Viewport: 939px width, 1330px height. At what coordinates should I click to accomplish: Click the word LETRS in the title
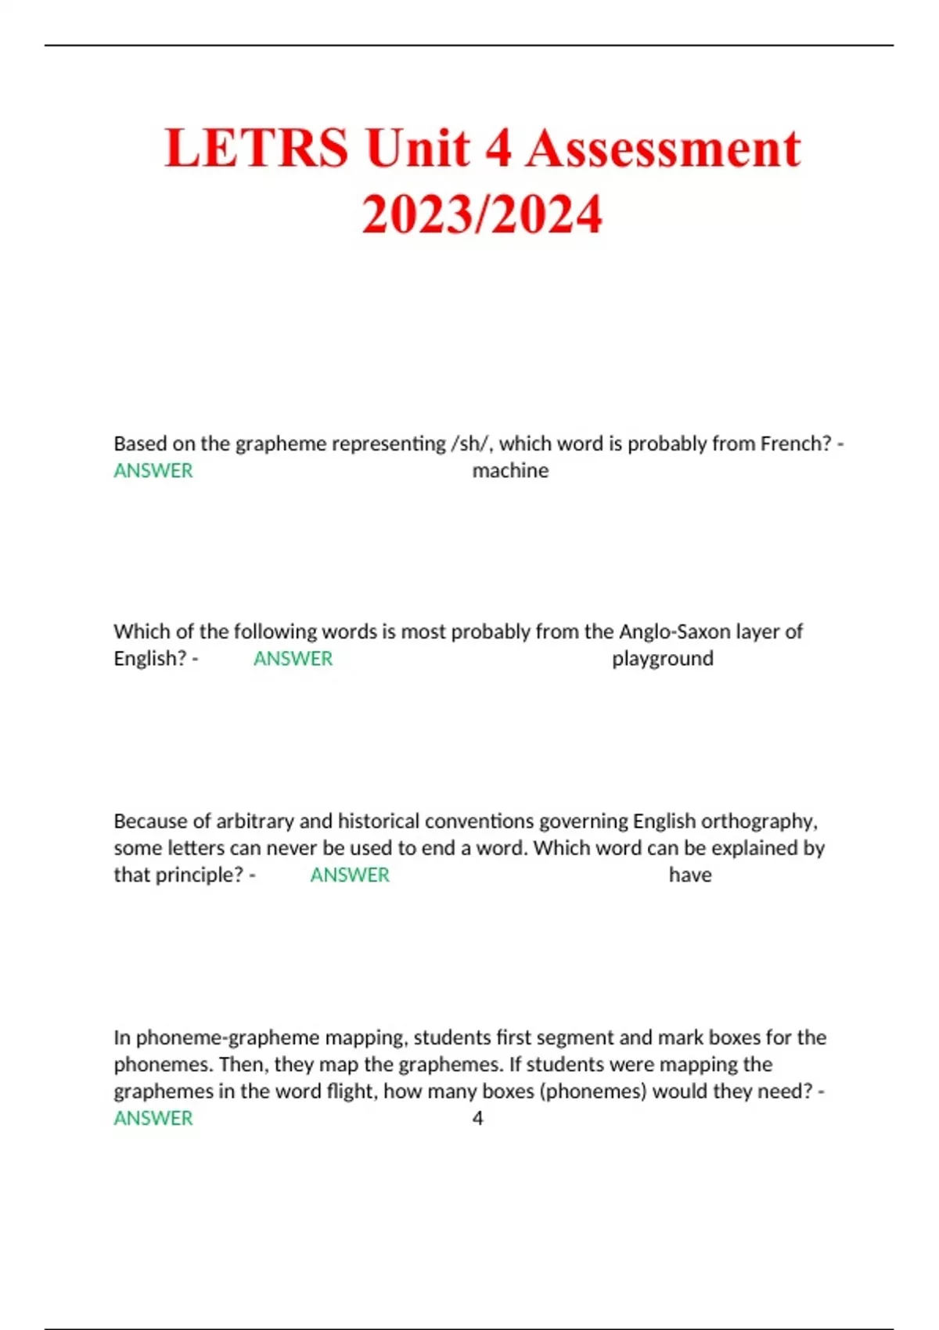257,148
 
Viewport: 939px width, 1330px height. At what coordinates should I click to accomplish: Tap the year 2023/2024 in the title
482,214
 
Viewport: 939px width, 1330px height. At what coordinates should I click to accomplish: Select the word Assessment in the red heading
664,148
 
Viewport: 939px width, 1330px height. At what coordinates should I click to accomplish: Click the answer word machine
510,471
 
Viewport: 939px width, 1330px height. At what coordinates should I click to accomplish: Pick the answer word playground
662,659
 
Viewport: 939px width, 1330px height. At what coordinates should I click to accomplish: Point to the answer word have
690,875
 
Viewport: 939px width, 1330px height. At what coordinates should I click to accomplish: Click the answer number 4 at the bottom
477,1118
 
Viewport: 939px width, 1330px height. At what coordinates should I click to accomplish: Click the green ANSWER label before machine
153,471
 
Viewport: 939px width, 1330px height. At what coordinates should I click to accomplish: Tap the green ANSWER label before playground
293,659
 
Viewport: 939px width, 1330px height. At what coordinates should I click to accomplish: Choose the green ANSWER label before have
350,875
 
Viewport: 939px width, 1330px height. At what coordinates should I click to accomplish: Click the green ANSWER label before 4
153,1118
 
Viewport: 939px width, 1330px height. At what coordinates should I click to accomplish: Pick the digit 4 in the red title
497,148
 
